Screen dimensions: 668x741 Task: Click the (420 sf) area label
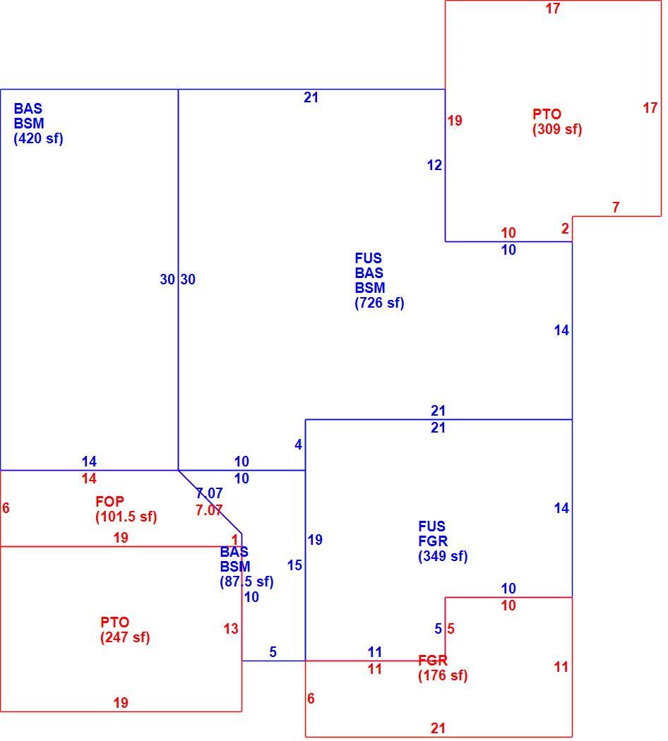pyautogui.click(x=38, y=138)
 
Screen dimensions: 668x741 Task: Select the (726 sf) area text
pyautogui.click(x=380, y=303)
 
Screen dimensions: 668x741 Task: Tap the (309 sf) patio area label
pyautogui.click(x=557, y=129)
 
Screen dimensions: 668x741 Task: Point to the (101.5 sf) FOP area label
pyautogui.click(x=126, y=517)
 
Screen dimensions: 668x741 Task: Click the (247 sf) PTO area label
pyautogui.click(x=125, y=637)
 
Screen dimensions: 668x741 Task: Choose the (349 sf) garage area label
pyautogui.click(x=443, y=556)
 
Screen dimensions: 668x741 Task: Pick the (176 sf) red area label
pyautogui.click(x=443, y=675)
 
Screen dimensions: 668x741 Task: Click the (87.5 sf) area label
pyautogui.click(x=246, y=582)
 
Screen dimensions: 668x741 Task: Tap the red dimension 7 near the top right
pyautogui.click(x=616, y=207)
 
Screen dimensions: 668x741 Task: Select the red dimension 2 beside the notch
pyautogui.click(x=565, y=229)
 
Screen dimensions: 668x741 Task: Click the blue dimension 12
pyautogui.click(x=434, y=165)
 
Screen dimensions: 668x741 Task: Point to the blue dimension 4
pyautogui.click(x=298, y=445)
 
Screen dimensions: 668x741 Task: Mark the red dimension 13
pyautogui.click(x=231, y=629)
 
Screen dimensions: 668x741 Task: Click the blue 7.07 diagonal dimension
pyautogui.click(x=210, y=493)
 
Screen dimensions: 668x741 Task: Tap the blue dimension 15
pyautogui.click(x=294, y=565)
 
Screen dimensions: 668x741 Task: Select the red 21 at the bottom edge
pyautogui.click(x=439, y=728)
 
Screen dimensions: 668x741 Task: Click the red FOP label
pyautogui.click(x=109, y=501)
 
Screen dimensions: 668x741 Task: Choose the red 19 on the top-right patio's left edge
pyautogui.click(x=455, y=121)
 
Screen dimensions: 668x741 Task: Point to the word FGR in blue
pyautogui.click(x=433, y=541)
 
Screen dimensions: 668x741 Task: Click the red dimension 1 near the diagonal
pyautogui.click(x=235, y=540)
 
